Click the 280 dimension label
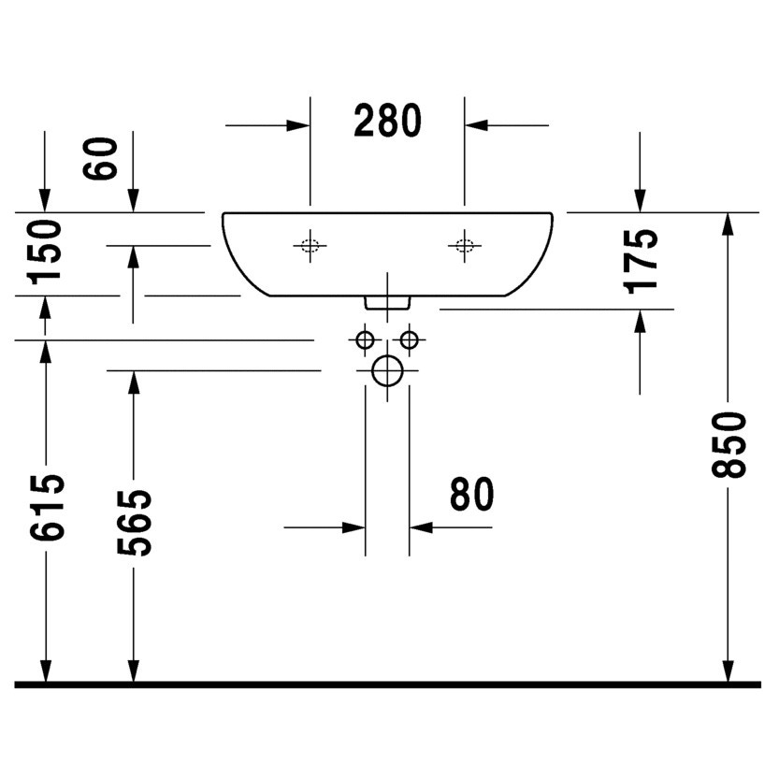[x=388, y=121]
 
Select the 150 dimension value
[x=45, y=252]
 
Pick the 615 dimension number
[x=47, y=508]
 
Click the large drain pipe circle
[x=386, y=372]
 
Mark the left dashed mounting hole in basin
[x=310, y=246]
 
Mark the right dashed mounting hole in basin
[x=464, y=246]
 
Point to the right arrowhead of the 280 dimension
[x=475, y=124]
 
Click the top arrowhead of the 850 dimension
[x=729, y=223]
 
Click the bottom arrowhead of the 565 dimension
[x=135, y=672]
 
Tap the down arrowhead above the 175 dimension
[x=641, y=202]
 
